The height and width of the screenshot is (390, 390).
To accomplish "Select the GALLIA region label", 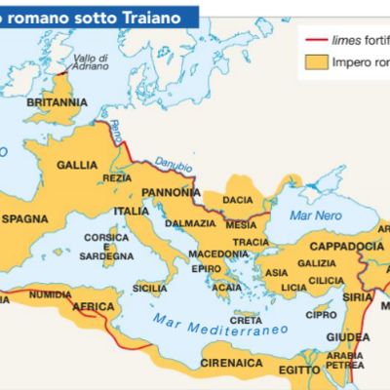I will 79,165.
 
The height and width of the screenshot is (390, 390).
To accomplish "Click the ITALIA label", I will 131,211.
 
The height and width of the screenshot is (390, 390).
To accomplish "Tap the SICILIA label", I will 149,288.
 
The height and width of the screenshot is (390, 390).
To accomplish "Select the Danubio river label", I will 175,169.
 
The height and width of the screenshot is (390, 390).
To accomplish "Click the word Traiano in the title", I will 161,14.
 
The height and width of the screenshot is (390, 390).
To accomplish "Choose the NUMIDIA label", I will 50,293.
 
